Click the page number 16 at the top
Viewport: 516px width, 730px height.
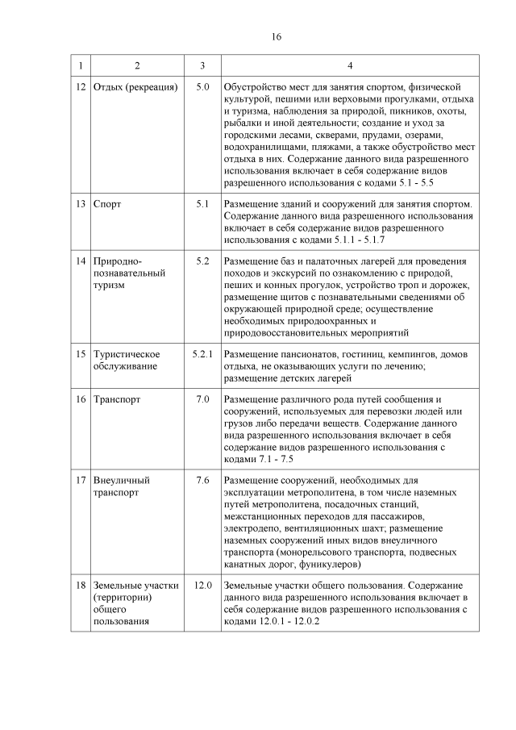[276, 36]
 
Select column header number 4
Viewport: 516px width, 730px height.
[349, 65]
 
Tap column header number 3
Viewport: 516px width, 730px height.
[202, 65]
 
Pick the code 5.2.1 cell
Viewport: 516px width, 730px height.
[202, 354]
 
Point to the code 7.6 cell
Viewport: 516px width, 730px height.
[202, 481]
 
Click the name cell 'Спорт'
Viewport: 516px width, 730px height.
[107, 204]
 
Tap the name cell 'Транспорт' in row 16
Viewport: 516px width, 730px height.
[117, 399]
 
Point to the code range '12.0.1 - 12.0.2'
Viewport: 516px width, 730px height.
[281, 621]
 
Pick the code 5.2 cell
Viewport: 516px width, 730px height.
[202, 262]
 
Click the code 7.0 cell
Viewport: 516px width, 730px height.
[202, 399]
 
